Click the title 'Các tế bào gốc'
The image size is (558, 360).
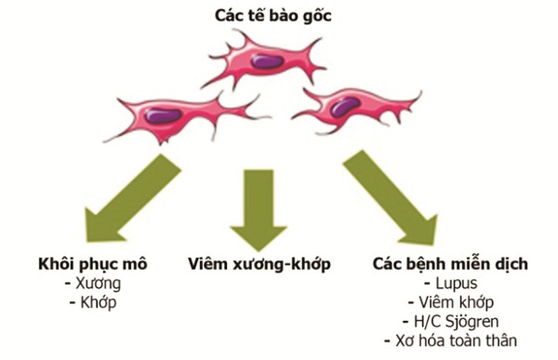pyautogui.click(x=273, y=16)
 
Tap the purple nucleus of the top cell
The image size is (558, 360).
pyautogui.click(x=267, y=62)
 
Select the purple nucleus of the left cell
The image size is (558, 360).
pyautogui.click(x=164, y=116)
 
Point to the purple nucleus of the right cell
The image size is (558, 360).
pyautogui.click(x=345, y=107)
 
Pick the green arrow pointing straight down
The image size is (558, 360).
pyautogui.click(x=258, y=210)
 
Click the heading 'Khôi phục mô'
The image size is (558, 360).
pyautogui.click(x=92, y=264)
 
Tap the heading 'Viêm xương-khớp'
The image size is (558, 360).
pyautogui.click(x=259, y=264)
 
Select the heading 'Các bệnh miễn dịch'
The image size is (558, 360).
pyautogui.click(x=450, y=264)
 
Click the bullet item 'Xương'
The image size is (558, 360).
pyautogui.click(x=93, y=284)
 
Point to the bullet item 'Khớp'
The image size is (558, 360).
pyautogui.click(x=93, y=303)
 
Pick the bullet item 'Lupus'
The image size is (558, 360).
pyautogui.click(x=451, y=284)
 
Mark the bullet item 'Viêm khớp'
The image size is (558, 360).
pyautogui.click(x=451, y=303)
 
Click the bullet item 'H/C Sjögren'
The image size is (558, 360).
pyautogui.click(x=451, y=322)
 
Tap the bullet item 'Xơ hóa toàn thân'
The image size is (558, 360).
pyautogui.click(x=451, y=341)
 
